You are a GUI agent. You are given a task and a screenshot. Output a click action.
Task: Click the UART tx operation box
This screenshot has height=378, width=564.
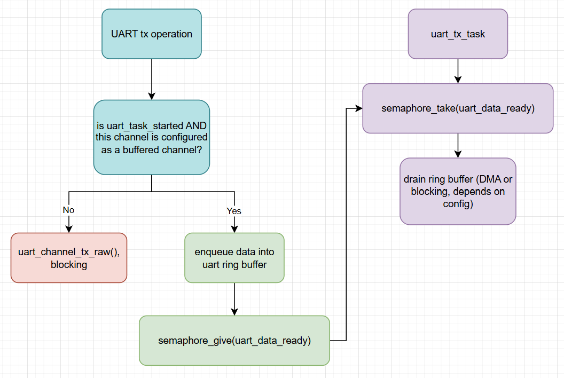152,34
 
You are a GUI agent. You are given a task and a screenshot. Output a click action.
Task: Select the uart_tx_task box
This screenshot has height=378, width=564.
458,34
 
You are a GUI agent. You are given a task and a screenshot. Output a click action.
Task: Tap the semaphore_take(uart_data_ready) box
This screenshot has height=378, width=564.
458,108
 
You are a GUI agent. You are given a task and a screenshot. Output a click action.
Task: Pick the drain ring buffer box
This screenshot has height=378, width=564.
458,191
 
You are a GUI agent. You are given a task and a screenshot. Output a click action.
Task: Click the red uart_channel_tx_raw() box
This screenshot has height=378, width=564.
69,258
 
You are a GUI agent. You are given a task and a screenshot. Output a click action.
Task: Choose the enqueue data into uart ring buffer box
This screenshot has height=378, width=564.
234,258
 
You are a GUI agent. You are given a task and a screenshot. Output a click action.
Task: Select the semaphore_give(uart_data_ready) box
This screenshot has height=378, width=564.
234,341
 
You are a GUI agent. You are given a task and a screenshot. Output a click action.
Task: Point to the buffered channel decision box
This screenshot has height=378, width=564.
152,137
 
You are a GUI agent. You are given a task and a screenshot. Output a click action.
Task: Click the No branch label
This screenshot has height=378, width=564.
68,210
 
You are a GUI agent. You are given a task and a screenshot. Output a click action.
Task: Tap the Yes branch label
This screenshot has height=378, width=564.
234,211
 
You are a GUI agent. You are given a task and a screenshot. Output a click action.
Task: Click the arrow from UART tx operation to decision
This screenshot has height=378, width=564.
152,79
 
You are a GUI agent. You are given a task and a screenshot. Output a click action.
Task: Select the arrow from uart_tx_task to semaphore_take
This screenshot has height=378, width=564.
458,71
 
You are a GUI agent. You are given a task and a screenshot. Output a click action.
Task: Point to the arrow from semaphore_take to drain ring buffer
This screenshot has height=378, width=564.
458,145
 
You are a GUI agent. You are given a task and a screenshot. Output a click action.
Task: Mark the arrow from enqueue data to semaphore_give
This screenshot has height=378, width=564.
234,299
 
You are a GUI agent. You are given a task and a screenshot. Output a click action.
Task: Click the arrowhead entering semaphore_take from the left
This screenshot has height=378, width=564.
359,108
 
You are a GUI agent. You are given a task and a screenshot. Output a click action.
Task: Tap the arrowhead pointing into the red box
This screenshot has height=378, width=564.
69,229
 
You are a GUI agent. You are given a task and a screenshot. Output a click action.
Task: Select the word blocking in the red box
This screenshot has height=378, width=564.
69,265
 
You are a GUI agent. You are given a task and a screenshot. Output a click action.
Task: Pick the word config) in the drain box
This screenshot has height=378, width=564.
458,204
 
